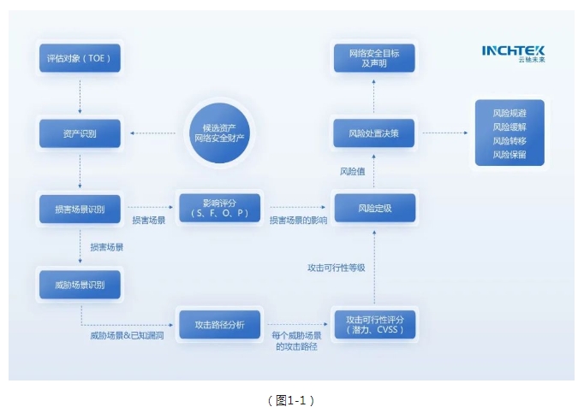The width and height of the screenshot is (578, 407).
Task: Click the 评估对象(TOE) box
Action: coord(80,59)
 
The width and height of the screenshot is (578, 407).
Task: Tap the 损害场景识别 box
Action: coord(80,208)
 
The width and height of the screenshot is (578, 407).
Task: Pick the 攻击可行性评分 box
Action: coord(374,324)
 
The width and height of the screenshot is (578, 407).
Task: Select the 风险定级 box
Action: coord(374,208)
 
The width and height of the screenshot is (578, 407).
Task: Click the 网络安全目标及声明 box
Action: coord(374,59)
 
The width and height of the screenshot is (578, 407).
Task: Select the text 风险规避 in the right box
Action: coord(509,113)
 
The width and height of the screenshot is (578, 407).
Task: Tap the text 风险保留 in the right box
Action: coord(509,154)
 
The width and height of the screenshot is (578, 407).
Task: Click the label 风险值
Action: coord(352,171)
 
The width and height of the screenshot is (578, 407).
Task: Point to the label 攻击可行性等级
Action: coord(337,268)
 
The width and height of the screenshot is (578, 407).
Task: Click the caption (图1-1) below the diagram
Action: coord(290,398)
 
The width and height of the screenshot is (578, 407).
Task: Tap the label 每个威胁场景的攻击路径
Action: coord(297,341)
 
